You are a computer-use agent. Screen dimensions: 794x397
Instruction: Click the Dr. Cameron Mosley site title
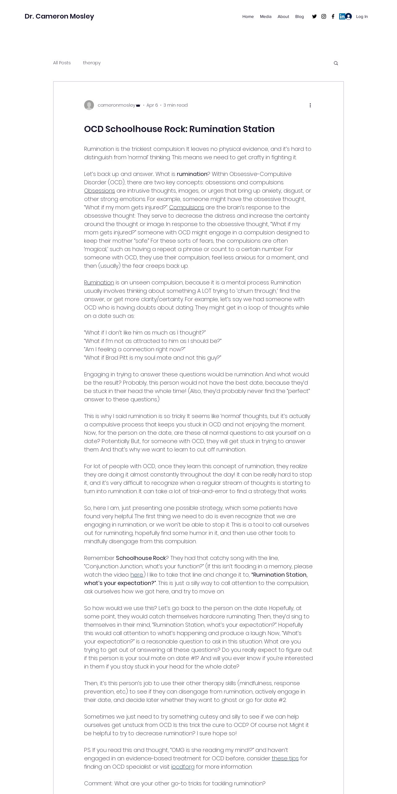59,16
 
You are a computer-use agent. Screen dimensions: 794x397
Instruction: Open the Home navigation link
248,17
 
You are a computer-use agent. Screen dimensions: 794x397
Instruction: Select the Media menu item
266,17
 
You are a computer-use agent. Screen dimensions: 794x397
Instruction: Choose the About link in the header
283,17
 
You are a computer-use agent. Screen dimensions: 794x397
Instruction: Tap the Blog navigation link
300,17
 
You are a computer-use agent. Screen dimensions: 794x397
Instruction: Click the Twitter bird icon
314,16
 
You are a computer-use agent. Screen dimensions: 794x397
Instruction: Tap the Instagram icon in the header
324,16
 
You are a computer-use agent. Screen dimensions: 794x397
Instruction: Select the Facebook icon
333,16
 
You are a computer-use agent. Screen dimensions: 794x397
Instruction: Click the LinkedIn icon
342,16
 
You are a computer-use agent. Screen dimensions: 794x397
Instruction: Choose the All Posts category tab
62,63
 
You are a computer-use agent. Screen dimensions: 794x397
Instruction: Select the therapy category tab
92,63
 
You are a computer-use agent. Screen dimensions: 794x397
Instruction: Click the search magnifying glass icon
336,63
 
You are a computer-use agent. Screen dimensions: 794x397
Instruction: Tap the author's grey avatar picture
89,105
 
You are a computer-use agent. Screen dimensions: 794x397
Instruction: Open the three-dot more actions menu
310,105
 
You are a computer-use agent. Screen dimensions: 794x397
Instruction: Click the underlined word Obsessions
100,191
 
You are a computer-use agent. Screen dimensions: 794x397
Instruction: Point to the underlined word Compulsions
186,207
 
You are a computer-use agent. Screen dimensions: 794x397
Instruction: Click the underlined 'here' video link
137,575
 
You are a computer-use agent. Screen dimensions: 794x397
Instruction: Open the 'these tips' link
285,758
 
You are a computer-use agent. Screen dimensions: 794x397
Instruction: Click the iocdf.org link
183,767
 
